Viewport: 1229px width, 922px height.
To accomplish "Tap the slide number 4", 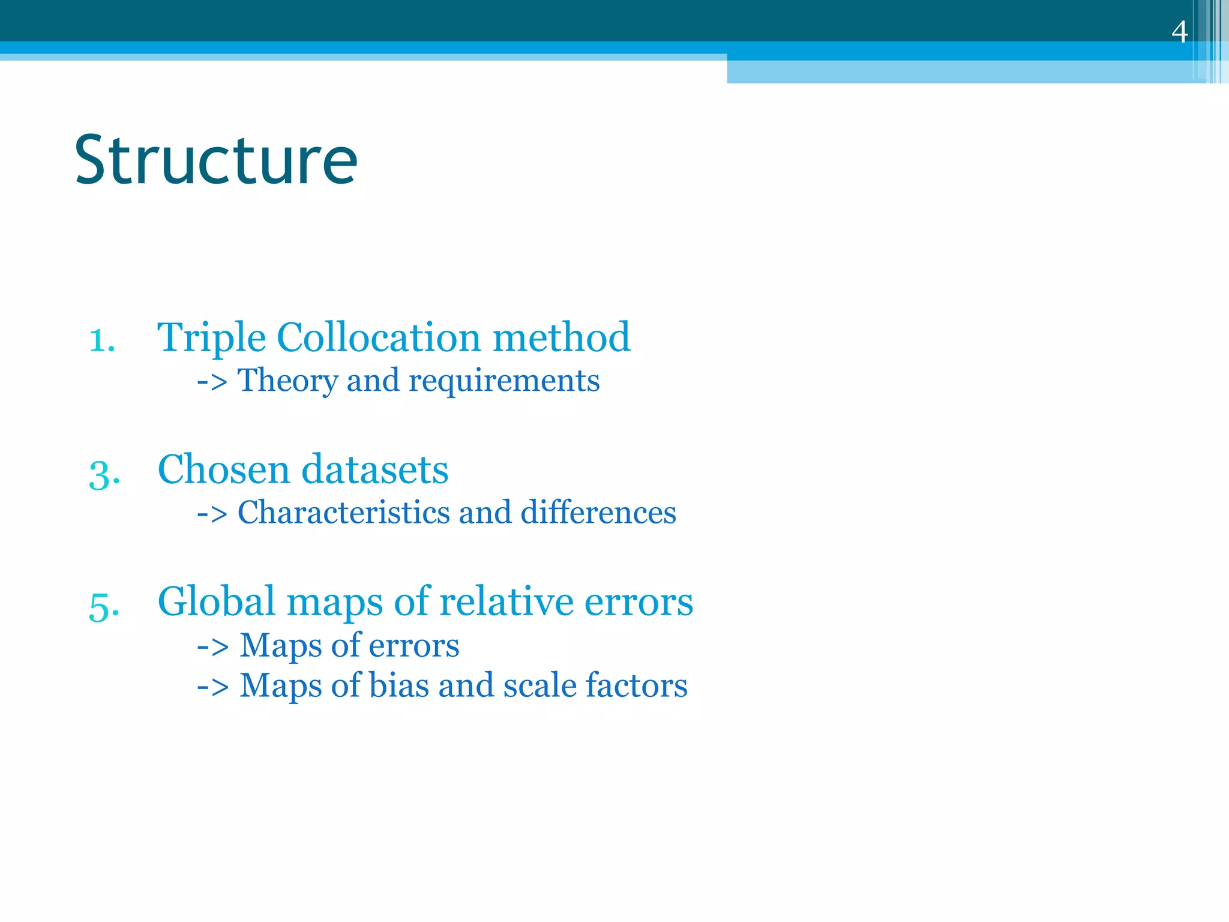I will (x=1179, y=31).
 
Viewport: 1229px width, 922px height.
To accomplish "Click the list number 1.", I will (x=102, y=340).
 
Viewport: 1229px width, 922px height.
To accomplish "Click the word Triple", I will (x=211, y=337).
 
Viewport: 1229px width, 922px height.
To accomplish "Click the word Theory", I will (x=287, y=381).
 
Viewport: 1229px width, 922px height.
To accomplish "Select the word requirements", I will (x=504, y=382).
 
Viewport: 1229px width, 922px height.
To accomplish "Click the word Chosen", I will (x=223, y=469).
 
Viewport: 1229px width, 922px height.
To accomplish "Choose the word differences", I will (x=598, y=513).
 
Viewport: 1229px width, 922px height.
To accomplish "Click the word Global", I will (x=216, y=601).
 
